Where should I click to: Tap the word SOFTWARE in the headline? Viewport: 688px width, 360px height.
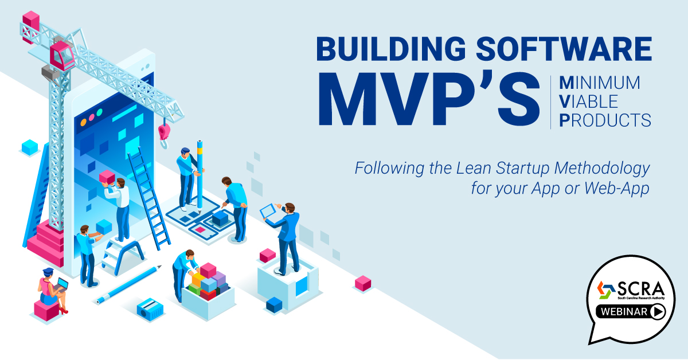(x=564, y=49)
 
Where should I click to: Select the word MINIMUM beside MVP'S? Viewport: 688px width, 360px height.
(x=600, y=83)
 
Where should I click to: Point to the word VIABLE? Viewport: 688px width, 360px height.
(x=588, y=101)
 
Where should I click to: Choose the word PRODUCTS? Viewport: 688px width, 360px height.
(x=605, y=120)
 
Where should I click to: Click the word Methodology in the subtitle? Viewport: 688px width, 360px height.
(x=602, y=169)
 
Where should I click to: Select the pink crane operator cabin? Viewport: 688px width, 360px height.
(x=62, y=56)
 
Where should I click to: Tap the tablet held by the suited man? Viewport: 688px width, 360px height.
(x=268, y=211)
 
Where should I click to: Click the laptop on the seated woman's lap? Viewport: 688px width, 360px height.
(x=61, y=285)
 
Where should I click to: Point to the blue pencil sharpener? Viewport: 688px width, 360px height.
(x=150, y=310)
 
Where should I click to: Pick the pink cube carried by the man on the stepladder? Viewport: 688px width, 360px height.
(x=107, y=178)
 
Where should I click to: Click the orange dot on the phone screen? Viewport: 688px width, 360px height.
(x=83, y=123)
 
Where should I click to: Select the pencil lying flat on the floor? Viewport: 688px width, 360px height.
(x=128, y=284)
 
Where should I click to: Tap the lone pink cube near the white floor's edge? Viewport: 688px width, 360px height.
(x=363, y=284)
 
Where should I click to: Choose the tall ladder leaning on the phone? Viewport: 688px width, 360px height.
(x=149, y=199)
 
